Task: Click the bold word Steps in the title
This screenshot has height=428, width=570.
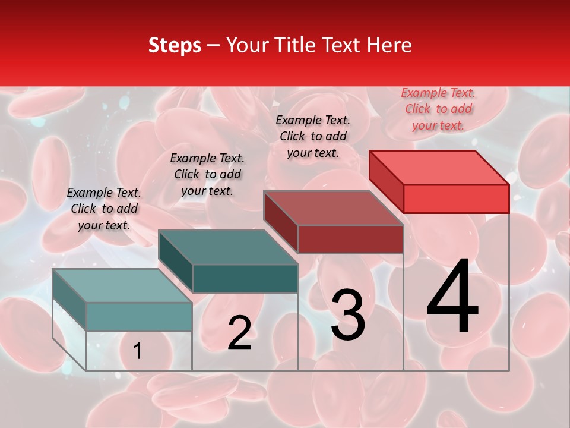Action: pos(175,45)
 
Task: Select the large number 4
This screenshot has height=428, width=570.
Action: pos(452,297)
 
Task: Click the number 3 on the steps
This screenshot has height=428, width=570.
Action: pos(347,315)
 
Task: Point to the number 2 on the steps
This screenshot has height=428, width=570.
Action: pos(239,333)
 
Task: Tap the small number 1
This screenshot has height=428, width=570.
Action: pos(138,351)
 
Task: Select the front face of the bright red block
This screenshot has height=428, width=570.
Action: pos(456,199)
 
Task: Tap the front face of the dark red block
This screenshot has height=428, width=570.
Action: pos(350,239)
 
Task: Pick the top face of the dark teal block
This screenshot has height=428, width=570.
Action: pos(228,247)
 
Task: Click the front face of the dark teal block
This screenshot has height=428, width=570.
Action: pos(245,278)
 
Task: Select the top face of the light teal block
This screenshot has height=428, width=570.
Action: pos(122,286)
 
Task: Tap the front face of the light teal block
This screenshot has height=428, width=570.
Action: pos(139,316)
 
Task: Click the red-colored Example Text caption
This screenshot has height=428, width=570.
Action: pos(438,109)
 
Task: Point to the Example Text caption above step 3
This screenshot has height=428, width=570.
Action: pos(313,136)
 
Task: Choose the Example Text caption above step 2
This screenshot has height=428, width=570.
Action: pos(207,174)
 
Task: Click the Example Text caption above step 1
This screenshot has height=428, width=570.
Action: pos(104,209)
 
